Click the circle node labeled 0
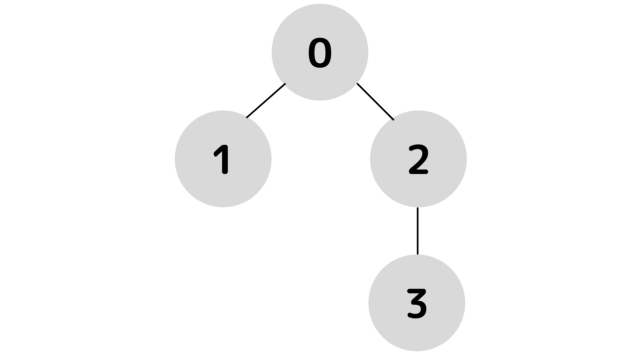tap(320, 52)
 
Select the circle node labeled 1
tap(223, 158)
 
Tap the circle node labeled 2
tap(418, 158)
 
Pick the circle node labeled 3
tap(418, 302)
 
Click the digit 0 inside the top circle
tap(320, 52)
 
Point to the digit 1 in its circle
tap(223, 158)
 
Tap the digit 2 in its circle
tap(418, 158)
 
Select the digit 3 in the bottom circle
tap(418, 302)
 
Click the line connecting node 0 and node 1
tap(266, 100)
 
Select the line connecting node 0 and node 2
tap(375, 100)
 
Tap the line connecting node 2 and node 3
tap(418, 230)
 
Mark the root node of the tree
tap(320, 52)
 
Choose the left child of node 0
tap(223, 158)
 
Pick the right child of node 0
tap(418, 158)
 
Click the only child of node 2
tap(418, 302)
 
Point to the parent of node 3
tap(418, 158)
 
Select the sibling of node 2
tap(223, 158)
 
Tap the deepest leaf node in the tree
tap(418, 302)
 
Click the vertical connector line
tap(418, 230)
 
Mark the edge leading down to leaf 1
tap(266, 100)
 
